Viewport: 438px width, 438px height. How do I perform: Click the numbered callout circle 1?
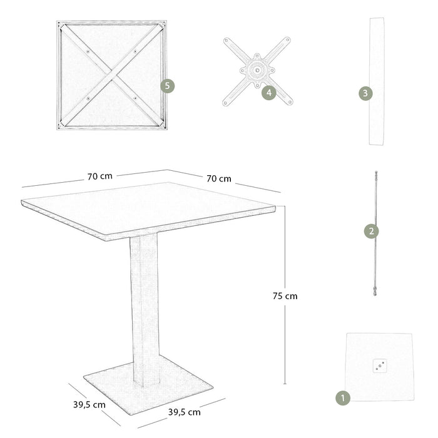342,397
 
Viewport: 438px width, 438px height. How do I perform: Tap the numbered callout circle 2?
371,231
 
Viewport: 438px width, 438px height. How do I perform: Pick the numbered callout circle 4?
268,93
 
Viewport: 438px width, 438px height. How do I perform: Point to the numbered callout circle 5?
167,86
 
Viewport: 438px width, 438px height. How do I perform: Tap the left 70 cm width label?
100,176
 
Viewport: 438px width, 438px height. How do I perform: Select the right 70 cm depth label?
219,178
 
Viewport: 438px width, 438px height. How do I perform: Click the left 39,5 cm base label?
88,404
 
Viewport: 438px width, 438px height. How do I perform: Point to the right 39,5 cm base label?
184,412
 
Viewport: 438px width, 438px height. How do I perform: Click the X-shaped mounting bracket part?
257,71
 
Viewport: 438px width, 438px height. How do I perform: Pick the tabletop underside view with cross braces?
113,75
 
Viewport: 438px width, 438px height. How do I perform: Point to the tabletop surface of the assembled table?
150,206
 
